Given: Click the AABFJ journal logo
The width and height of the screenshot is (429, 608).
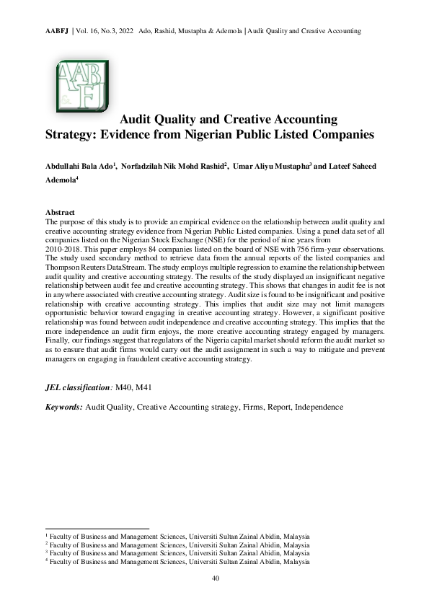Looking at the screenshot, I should pyautogui.click(x=81, y=87).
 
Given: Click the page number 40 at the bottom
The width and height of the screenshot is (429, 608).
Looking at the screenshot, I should pyautogui.click(x=215, y=579).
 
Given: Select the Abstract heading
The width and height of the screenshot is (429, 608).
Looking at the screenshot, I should pyautogui.click(x=60, y=212).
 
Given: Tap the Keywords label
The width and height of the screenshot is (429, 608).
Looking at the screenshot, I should pyautogui.click(x=63, y=407).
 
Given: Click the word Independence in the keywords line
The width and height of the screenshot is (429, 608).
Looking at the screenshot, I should pyautogui.click(x=318, y=407).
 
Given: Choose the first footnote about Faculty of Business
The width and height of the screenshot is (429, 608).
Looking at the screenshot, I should pyautogui.click(x=177, y=537).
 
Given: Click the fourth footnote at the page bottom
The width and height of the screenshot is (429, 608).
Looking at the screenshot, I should pyautogui.click(x=177, y=561).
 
